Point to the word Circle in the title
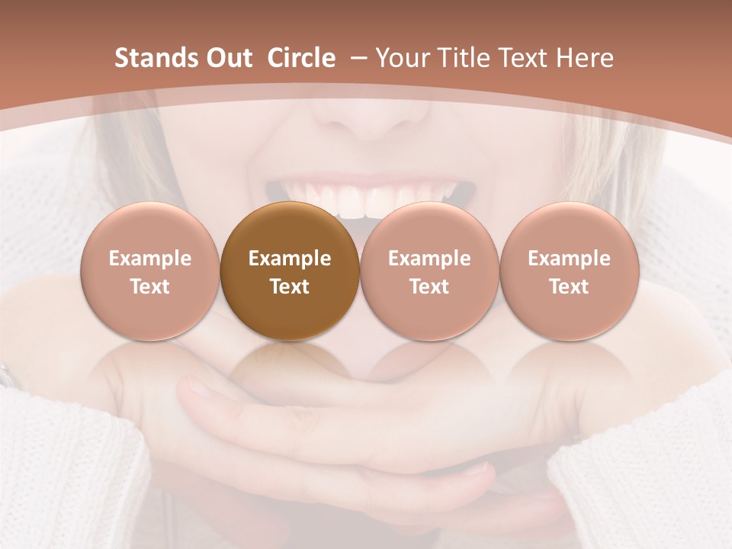[301, 58]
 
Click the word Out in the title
[227, 58]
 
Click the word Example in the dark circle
[290, 258]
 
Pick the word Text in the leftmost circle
[149, 287]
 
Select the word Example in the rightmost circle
[569, 258]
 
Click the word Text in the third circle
[429, 287]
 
